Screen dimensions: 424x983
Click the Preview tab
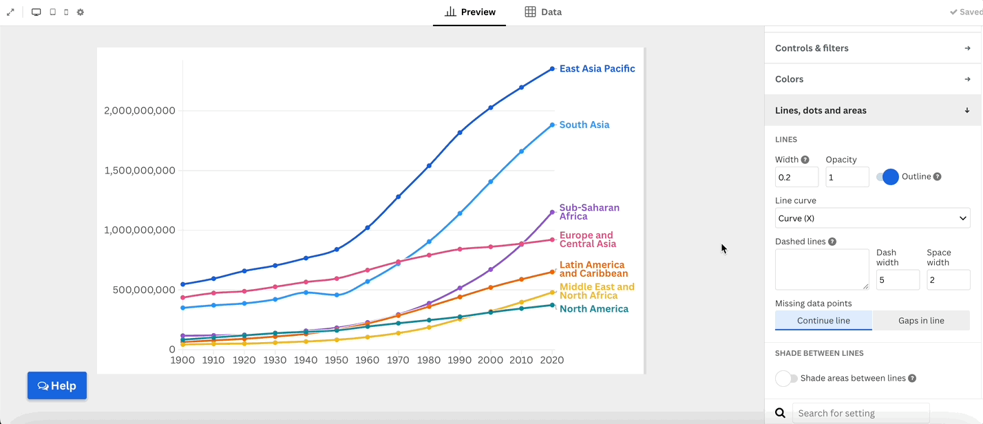(x=470, y=12)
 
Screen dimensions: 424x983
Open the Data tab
(x=543, y=12)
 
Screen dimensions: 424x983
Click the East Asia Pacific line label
(x=597, y=69)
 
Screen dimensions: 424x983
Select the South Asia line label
(x=584, y=125)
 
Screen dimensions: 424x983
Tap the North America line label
(x=593, y=309)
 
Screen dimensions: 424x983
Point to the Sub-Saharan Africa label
(x=589, y=212)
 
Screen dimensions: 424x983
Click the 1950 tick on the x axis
(x=337, y=360)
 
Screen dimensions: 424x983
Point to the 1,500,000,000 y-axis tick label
(x=140, y=171)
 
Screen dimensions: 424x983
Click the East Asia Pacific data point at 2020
(x=552, y=69)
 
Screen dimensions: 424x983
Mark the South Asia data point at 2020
(x=552, y=125)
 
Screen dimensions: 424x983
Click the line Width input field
(x=796, y=177)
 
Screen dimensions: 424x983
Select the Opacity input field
(x=847, y=177)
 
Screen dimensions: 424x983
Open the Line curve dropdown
(x=872, y=218)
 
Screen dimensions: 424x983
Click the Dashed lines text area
(x=822, y=269)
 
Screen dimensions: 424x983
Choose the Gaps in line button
(x=921, y=320)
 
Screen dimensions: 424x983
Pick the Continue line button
(x=823, y=320)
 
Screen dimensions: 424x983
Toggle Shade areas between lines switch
(x=787, y=378)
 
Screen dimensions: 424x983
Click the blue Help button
(x=57, y=385)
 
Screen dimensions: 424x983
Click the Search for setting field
(x=860, y=413)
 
